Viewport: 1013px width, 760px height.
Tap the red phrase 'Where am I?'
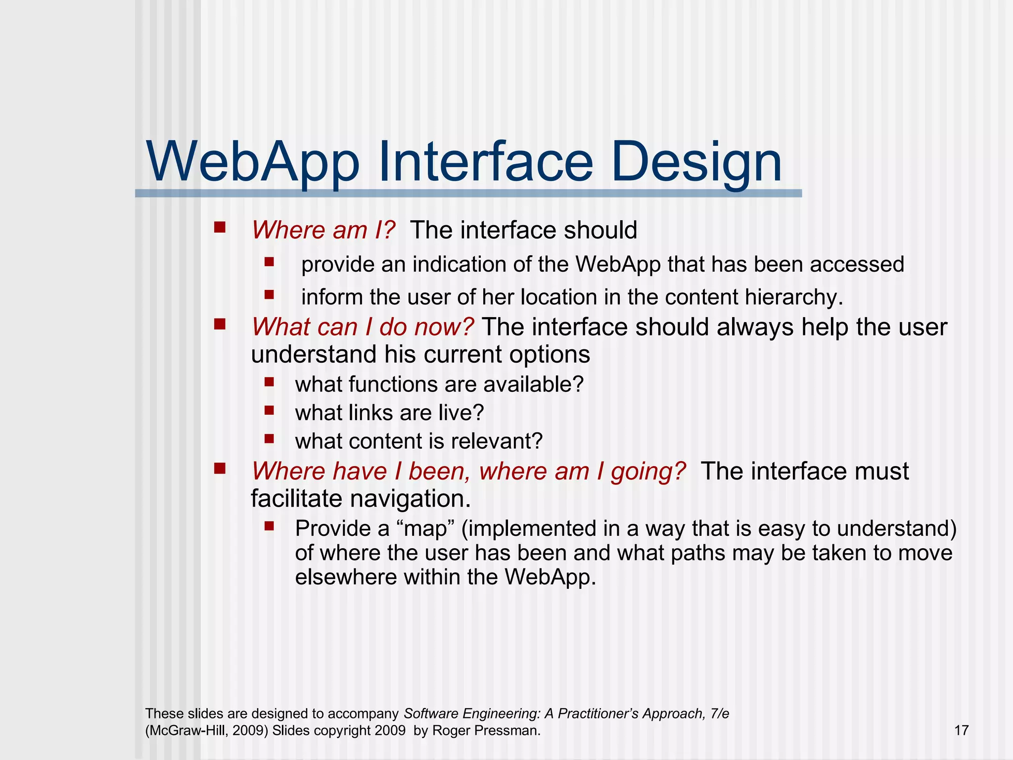point(323,231)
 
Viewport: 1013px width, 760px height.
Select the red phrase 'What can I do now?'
point(363,328)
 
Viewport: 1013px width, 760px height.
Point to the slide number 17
point(961,730)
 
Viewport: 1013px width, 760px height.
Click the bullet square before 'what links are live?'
point(269,410)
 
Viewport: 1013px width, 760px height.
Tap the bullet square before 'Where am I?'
point(220,228)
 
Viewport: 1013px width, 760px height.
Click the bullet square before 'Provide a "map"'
point(269,526)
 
